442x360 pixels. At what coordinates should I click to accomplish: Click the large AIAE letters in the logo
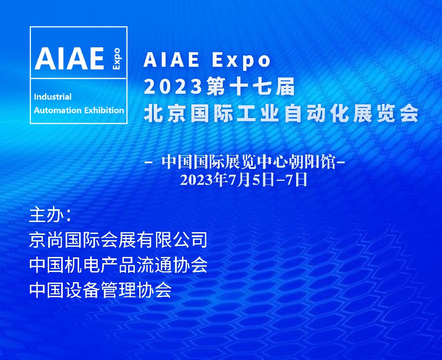pos(69,58)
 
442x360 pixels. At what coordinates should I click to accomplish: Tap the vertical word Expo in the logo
pos(116,59)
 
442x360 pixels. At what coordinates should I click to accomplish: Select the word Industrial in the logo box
pos(53,97)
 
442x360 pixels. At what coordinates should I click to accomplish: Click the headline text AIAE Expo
pos(207,60)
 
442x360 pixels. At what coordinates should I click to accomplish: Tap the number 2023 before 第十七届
pos(173,86)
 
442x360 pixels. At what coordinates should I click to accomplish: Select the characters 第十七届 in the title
pos(250,86)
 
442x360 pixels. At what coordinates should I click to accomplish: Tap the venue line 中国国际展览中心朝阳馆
pos(249,162)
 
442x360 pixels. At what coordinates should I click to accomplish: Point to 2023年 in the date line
pos(205,180)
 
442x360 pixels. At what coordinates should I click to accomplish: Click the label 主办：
pos(50,215)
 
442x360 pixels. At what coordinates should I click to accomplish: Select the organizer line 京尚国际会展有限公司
pos(118,240)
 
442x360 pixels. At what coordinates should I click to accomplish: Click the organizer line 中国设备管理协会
pos(100,290)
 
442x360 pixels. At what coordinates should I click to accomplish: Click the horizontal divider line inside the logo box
pos(78,79)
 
